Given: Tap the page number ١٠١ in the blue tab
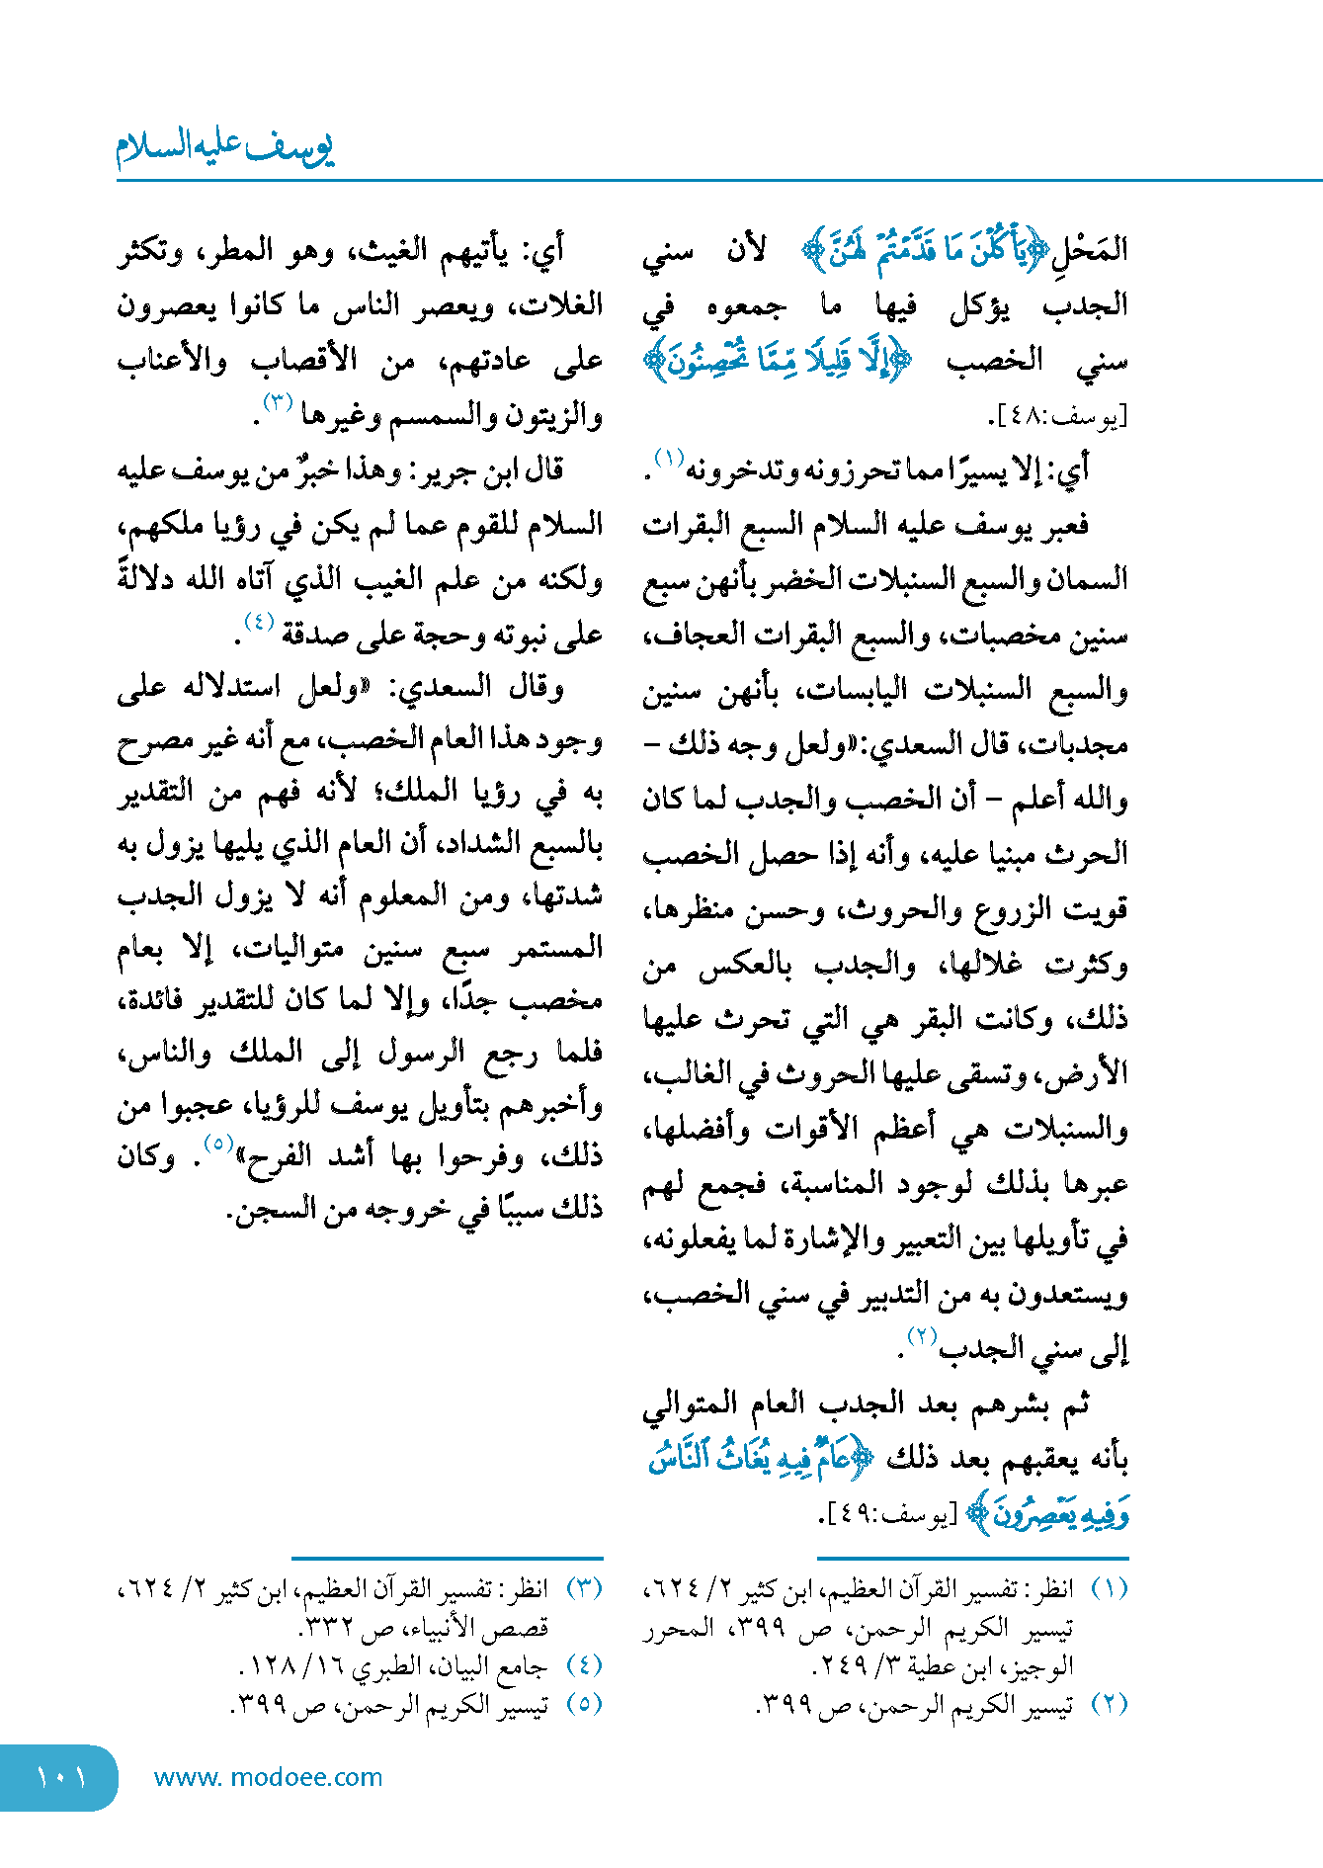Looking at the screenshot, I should click(x=60, y=1777).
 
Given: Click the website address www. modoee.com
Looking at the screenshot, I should click(x=268, y=1777).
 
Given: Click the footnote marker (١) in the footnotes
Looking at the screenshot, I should click(x=1109, y=1589).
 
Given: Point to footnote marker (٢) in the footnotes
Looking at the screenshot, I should click(x=1109, y=1705).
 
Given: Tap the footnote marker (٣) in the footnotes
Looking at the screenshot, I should click(x=584, y=1589).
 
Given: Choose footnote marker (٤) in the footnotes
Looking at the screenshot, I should click(x=584, y=1666).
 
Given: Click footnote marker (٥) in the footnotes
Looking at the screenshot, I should click(x=584, y=1705).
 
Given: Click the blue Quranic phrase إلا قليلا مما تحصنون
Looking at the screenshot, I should click(x=778, y=362).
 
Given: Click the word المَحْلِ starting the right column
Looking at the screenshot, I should click(x=1096, y=250).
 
